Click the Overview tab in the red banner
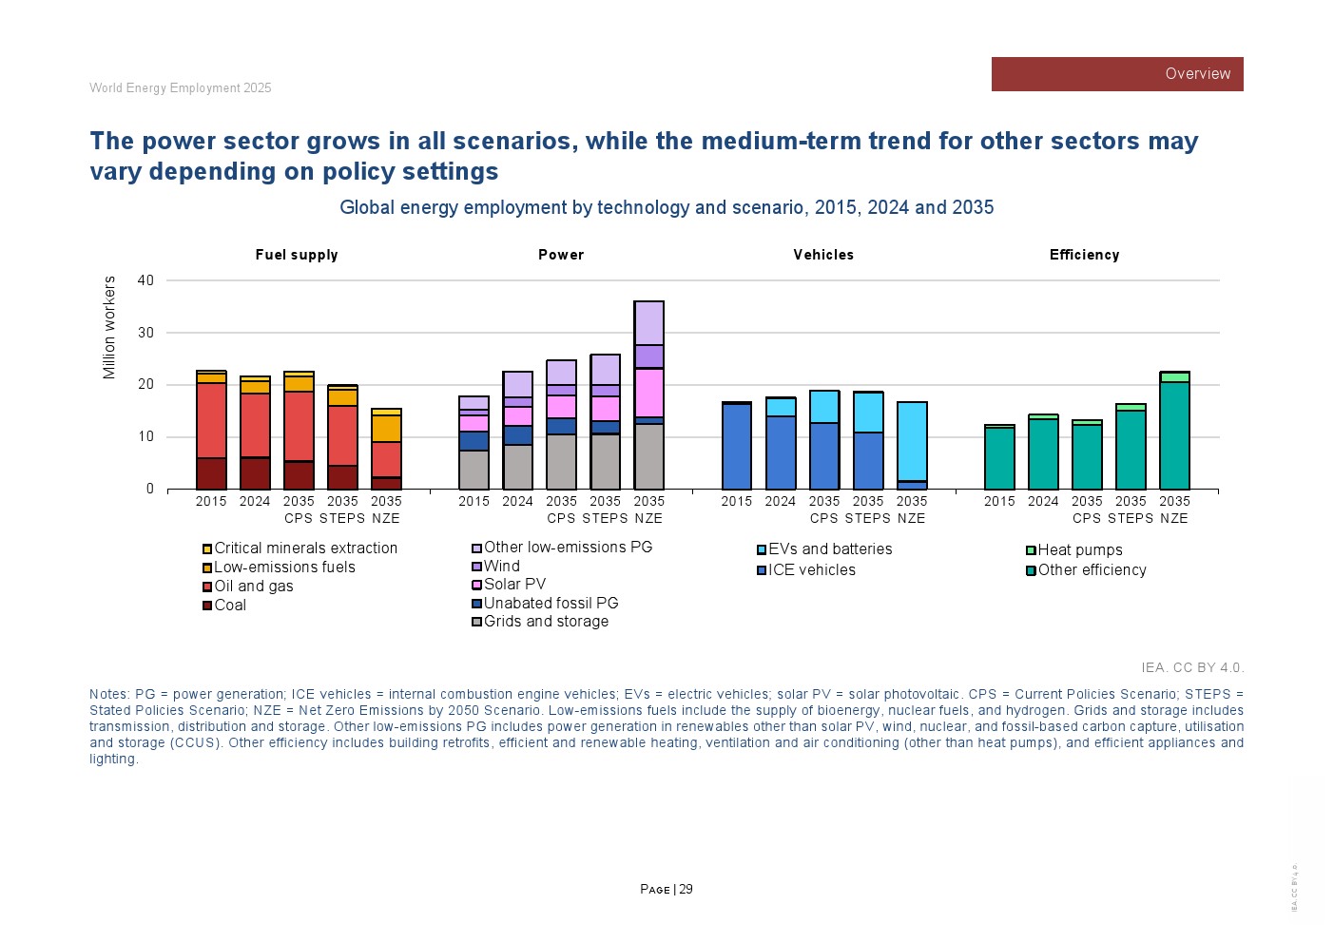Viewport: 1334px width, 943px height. tap(1197, 74)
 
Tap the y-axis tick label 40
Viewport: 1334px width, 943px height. tap(145, 280)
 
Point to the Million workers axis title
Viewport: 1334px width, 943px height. tap(109, 328)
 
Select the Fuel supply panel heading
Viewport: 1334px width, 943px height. tap(297, 255)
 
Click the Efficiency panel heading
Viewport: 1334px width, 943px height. tap(1084, 255)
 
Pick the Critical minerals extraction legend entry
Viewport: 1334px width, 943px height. tap(305, 548)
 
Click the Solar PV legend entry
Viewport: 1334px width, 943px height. tap(514, 585)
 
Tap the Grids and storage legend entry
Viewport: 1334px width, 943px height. tap(546, 622)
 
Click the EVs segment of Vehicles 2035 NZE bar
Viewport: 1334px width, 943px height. tap(912, 441)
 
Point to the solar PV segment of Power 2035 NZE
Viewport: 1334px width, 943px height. tap(649, 392)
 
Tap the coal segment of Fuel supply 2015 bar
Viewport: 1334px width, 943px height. tap(211, 473)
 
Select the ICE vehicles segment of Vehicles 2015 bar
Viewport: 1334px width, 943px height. tap(737, 447)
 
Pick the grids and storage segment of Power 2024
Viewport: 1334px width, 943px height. tap(518, 467)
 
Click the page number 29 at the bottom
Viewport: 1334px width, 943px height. tap(686, 890)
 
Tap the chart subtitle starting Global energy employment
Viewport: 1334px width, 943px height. tap(667, 208)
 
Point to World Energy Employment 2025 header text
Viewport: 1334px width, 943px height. tap(181, 88)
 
